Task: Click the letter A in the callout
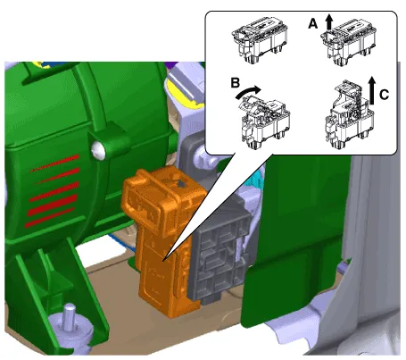313,23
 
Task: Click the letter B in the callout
236,83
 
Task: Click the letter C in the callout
385,95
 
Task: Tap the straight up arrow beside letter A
328,22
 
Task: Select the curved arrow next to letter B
247,91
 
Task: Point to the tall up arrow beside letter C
371,90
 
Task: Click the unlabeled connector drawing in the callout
260,40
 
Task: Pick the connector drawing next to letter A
349,43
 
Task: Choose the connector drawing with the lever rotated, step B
264,120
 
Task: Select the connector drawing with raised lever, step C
350,114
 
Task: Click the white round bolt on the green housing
98,149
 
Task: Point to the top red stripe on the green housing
55,163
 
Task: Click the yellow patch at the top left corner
38,64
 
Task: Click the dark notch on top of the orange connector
180,185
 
